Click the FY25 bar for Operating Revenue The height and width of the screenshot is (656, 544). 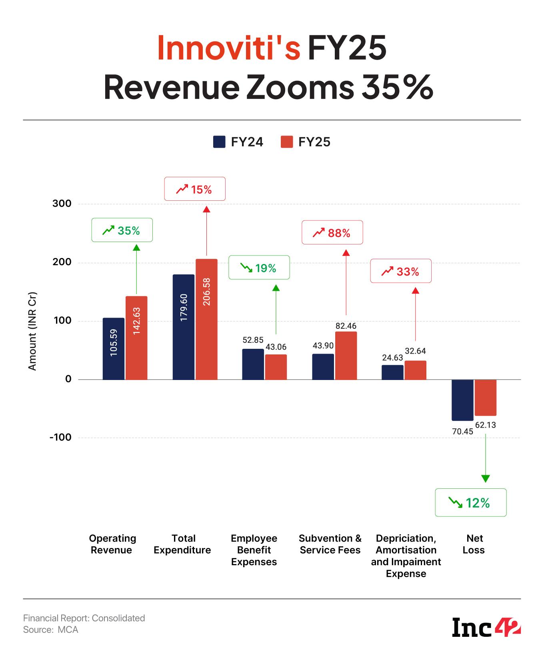[136, 338]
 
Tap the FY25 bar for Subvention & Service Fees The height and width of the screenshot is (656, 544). [346, 356]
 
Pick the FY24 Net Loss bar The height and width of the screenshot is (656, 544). [462, 400]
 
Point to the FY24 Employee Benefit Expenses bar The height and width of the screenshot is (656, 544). [253, 364]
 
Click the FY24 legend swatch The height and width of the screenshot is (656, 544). [219, 142]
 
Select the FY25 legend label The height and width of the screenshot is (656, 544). [314, 142]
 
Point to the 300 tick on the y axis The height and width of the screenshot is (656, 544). [62, 204]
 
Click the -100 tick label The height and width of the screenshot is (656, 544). [60, 437]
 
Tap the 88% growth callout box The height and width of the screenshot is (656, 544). [332, 232]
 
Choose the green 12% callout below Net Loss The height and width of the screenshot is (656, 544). [470, 502]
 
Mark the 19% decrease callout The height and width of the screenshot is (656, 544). [259, 267]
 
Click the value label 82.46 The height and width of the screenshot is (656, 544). [346, 326]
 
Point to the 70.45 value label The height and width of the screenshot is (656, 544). [462, 431]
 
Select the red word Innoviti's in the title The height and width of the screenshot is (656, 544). [229, 48]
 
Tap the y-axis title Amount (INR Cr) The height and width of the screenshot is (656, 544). [32, 332]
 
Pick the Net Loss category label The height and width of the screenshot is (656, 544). [474, 544]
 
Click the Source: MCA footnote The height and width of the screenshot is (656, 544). [51, 630]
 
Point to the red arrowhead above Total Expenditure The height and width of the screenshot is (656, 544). [206, 209]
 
